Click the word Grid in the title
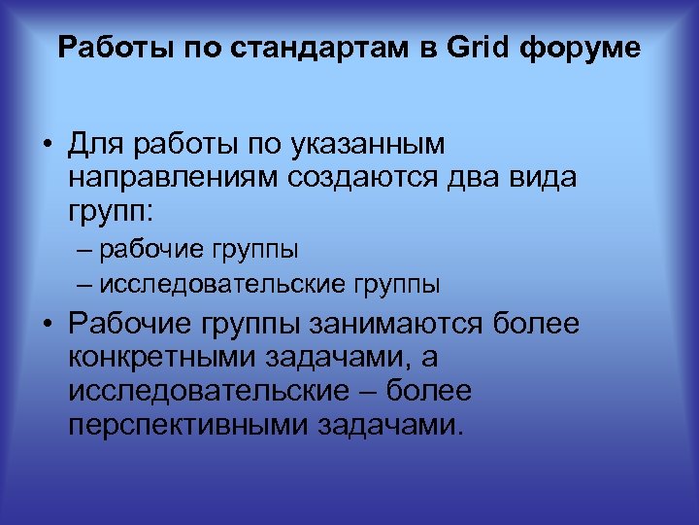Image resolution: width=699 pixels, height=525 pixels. pyautogui.click(x=481, y=48)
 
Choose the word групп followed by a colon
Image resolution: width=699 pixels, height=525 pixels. pyautogui.click(x=115, y=210)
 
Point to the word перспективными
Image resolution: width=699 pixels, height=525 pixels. pyautogui.click(x=189, y=425)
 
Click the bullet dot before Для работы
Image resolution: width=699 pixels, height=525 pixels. pyautogui.click(x=46, y=146)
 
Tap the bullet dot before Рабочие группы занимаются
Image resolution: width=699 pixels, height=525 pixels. pyautogui.click(x=46, y=326)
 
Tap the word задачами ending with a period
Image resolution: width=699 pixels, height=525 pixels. pyautogui.click(x=391, y=425)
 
